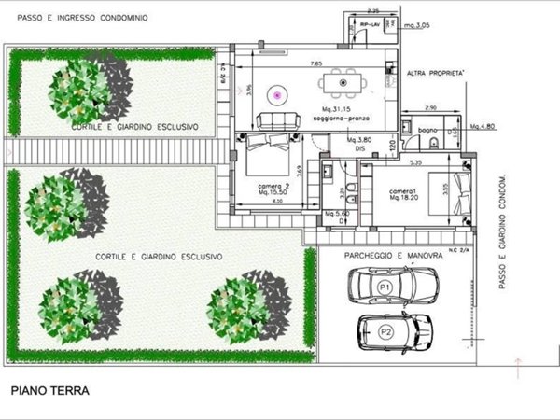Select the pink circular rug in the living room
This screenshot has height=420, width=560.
tap(276, 93)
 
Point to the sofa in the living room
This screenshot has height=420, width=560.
tap(277, 119)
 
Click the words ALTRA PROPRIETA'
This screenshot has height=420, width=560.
tap(436, 71)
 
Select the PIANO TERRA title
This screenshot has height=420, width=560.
tap(50, 391)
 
